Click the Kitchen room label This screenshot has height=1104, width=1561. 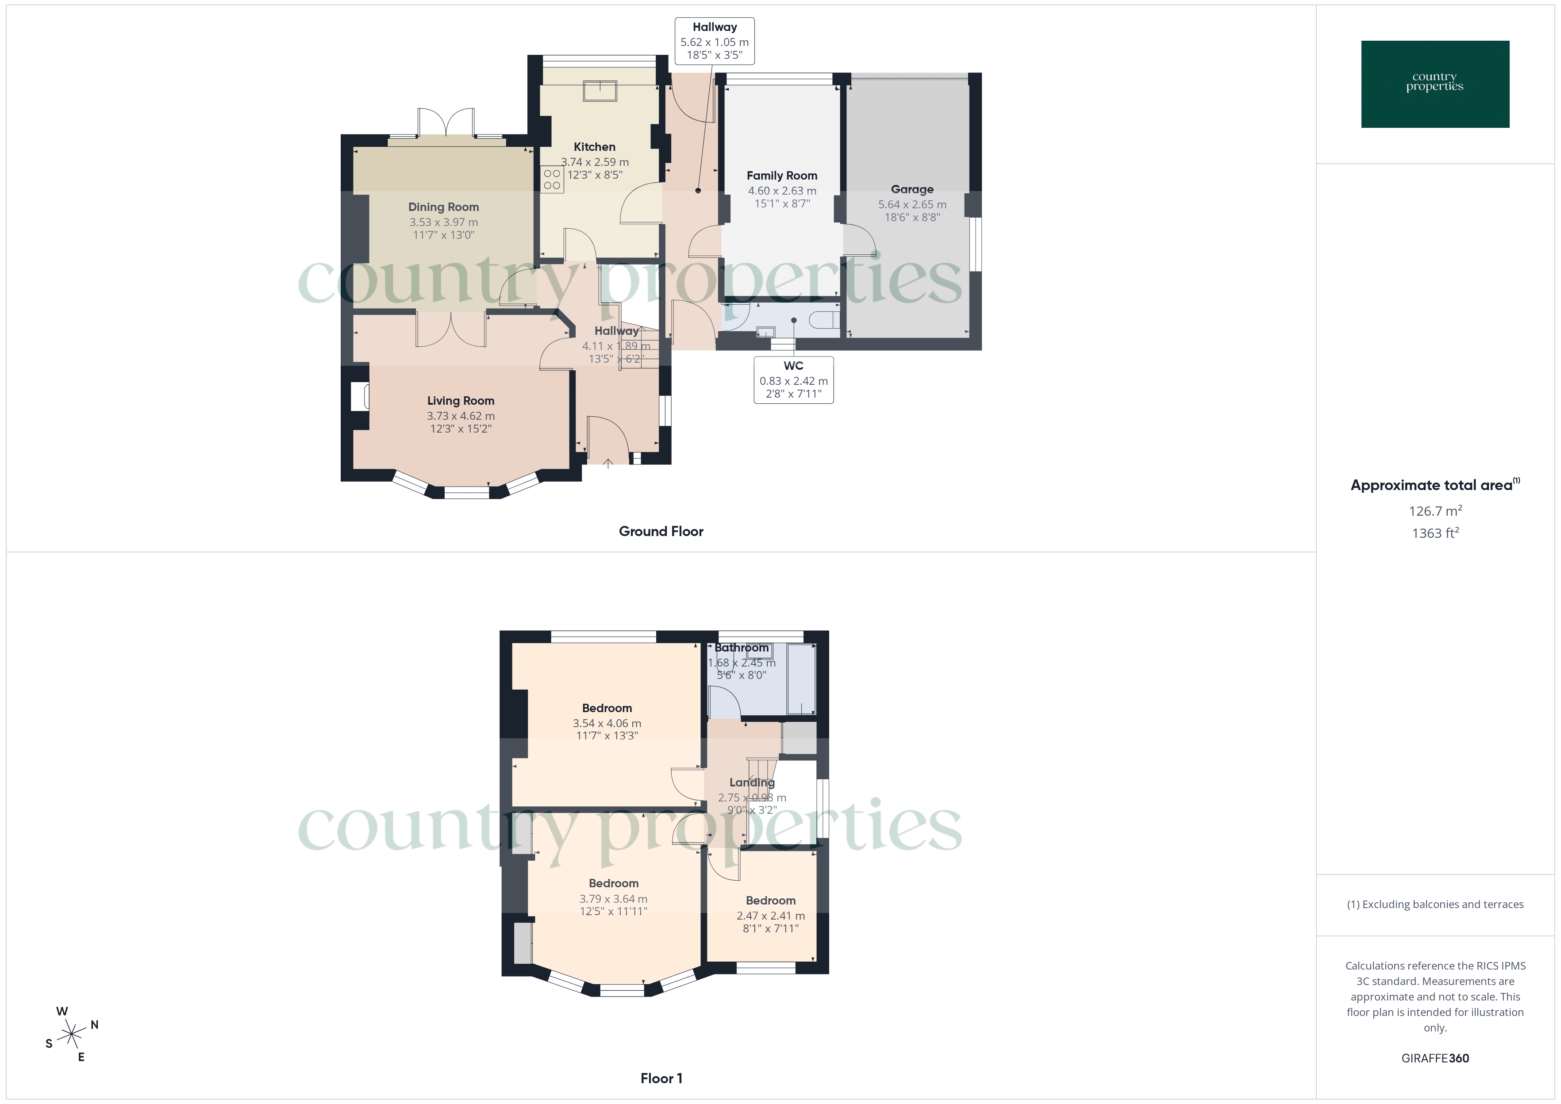[x=594, y=147]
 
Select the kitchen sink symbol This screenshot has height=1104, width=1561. [x=600, y=90]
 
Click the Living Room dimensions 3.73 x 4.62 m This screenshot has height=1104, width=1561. [x=460, y=416]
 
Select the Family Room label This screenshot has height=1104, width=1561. [x=782, y=176]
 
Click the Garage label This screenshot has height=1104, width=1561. [x=912, y=190]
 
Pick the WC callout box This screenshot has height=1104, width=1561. [x=793, y=380]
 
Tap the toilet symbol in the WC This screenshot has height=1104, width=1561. [x=824, y=319]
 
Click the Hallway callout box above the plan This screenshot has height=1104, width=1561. [x=715, y=41]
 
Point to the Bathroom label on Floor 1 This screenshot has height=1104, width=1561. [x=741, y=648]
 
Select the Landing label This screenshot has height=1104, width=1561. [x=752, y=782]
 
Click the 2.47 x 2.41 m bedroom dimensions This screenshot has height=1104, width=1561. [x=770, y=916]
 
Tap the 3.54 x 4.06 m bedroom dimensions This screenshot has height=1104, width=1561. [x=607, y=723]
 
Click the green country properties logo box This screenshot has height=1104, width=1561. [x=1434, y=84]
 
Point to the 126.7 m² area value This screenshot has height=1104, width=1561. [x=1434, y=510]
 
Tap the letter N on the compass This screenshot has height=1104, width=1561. [x=95, y=1024]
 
